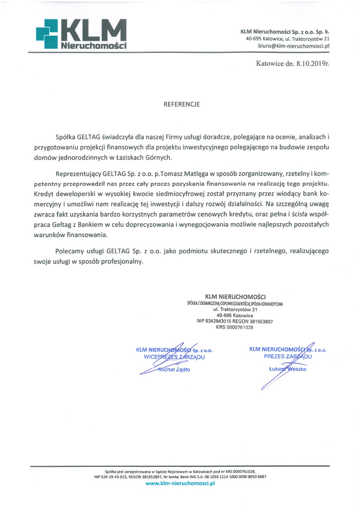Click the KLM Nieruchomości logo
[81, 33]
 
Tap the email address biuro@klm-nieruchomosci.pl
[294, 46]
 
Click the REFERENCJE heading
[181, 105]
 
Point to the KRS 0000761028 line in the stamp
[235, 328]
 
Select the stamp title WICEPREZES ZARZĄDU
[174, 357]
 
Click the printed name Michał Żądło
[174, 370]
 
